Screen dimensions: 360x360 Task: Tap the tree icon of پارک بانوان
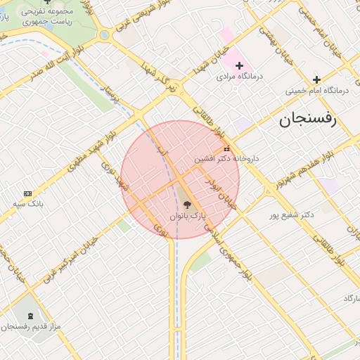(x=186, y=205)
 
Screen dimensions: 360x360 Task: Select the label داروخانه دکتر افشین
(x=227, y=159)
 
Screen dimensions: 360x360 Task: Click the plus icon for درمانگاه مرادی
(x=240, y=65)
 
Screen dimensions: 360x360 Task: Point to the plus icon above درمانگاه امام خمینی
(x=317, y=79)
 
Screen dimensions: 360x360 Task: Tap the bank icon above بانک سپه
(x=27, y=193)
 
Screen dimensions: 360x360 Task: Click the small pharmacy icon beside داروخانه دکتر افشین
(x=226, y=149)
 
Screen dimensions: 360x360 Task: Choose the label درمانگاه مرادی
(x=240, y=76)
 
